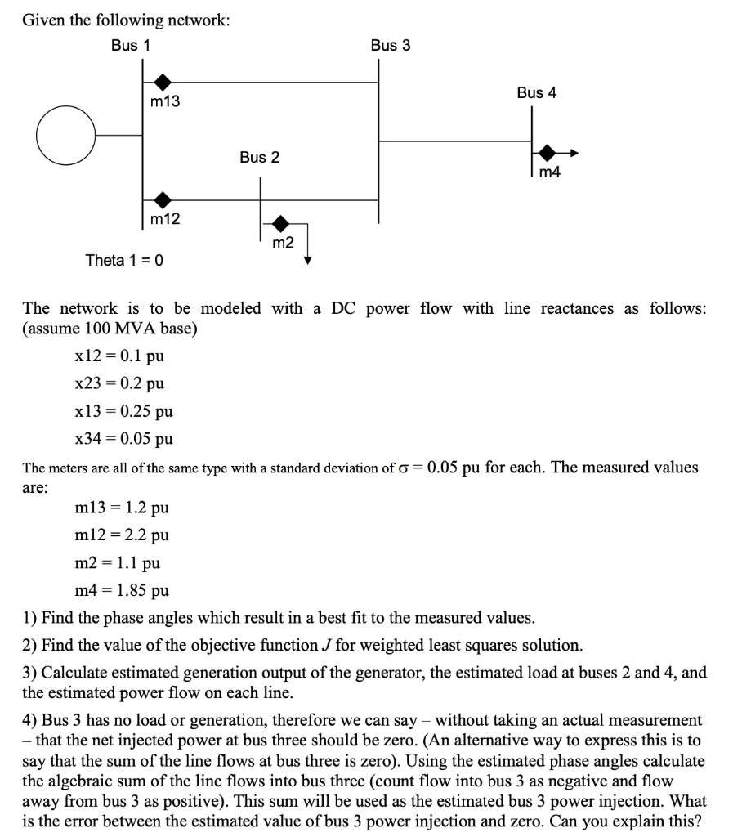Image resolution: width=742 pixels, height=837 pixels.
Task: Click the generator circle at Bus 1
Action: click(65, 136)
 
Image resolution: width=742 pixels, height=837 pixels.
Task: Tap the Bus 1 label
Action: click(131, 46)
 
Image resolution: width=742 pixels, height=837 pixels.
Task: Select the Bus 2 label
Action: click(259, 157)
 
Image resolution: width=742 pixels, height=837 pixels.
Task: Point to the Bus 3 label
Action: click(391, 46)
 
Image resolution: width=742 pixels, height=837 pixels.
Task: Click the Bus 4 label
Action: click(536, 93)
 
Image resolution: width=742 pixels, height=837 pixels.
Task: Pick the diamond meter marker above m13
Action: click(163, 82)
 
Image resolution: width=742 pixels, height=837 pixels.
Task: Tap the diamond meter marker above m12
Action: click(163, 199)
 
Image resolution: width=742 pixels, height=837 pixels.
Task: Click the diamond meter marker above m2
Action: click(281, 222)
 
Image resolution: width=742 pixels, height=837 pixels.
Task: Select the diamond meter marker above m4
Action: click(548, 153)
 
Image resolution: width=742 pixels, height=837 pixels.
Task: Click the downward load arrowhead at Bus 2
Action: click(308, 260)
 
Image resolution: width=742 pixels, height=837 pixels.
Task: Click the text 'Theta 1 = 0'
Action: click(124, 260)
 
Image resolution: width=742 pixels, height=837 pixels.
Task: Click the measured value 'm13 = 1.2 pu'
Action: click(122, 508)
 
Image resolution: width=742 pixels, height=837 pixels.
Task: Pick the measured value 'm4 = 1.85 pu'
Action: click(122, 590)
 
